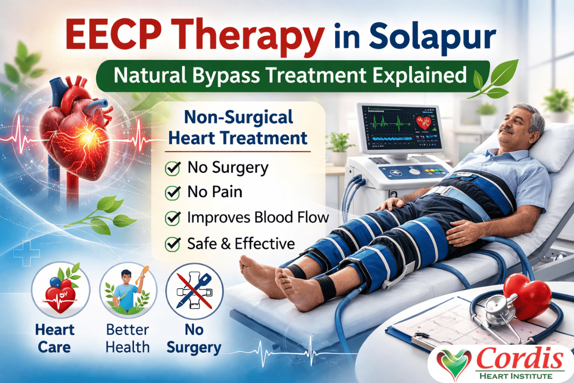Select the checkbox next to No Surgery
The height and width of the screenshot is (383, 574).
(x=172, y=168)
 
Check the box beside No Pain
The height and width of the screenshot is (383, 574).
(x=172, y=193)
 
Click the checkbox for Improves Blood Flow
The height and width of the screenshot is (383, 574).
(x=172, y=218)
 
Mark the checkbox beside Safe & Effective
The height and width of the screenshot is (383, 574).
(x=172, y=244)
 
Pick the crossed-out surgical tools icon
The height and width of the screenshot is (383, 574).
(x=194, y=292)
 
